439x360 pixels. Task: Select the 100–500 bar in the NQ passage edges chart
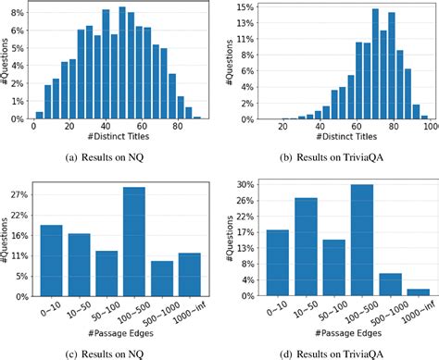click(134, 242)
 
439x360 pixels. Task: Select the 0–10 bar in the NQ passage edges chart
click(53, 260)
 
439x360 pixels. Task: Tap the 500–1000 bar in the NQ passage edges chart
click(162, 279)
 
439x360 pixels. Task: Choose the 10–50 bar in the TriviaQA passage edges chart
click(307, 247)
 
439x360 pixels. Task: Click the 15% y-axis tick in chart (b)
click(243, 7)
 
